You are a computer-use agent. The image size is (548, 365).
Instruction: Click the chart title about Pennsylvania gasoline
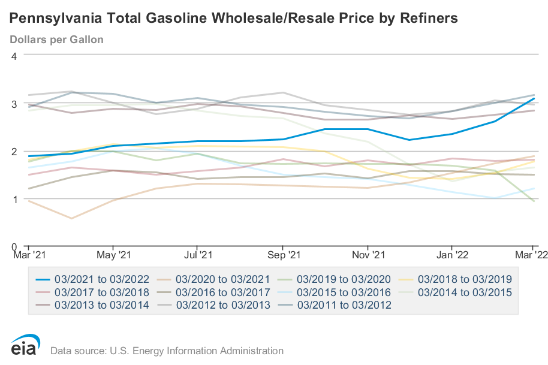[234, 19]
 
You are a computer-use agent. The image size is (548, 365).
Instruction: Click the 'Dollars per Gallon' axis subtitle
[57, 40]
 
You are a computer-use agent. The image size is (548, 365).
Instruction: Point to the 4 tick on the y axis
[13, 56]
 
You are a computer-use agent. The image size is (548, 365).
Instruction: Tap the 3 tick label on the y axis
[13, 104]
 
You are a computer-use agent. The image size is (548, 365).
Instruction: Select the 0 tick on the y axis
[13, 246]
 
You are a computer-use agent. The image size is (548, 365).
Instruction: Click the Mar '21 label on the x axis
[29, 255]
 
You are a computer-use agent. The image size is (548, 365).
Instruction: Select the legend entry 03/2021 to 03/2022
[92, 279]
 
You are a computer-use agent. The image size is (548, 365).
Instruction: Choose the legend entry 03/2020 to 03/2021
[213, 279]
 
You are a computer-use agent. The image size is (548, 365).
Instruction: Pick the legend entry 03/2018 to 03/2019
[456, 279]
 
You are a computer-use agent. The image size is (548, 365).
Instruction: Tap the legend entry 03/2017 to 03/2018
[92, 292]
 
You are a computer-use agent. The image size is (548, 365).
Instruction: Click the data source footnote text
[167, 351]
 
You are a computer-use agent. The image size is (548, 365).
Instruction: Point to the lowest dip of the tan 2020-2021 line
[72, 218]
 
